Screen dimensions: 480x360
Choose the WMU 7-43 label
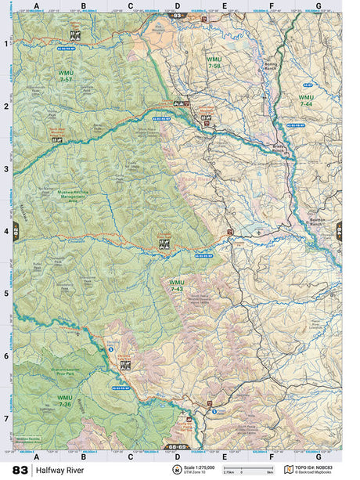177,286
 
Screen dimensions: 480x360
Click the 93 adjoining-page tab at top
178,15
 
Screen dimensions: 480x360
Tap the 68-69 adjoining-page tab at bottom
178,447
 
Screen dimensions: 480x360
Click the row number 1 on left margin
6,44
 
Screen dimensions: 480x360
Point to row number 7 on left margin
6,418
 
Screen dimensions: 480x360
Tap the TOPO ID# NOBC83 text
321,467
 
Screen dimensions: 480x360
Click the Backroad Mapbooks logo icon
290,469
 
